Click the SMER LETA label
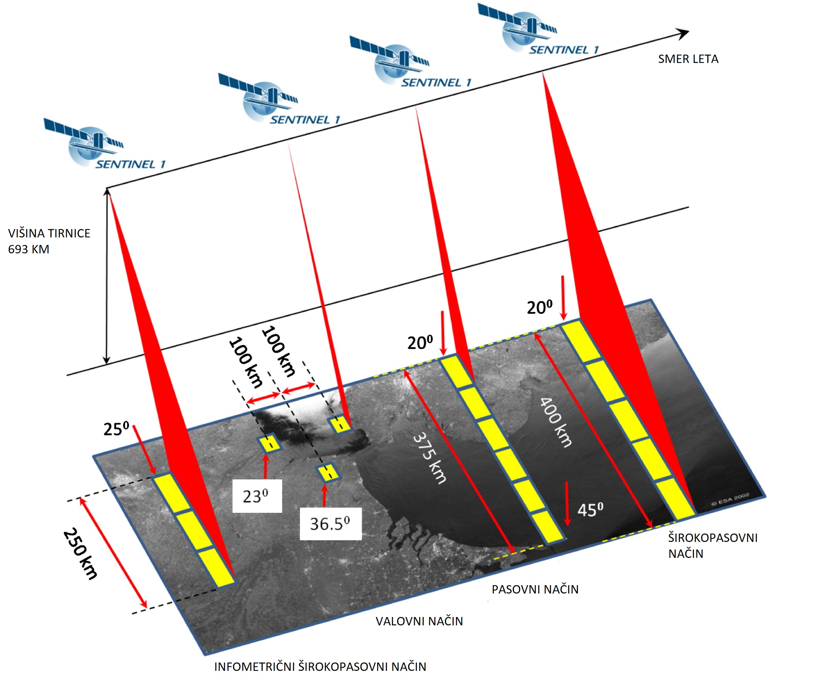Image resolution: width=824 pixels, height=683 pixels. [688, 59]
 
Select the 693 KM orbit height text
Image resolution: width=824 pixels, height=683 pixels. [29, 249]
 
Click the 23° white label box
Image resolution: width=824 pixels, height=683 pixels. [257, 496]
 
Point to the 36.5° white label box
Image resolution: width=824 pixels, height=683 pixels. [331, 524]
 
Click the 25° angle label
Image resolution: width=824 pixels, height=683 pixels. [116, 429]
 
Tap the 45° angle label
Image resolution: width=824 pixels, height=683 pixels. [590, 510]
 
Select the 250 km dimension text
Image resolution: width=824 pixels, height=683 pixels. [80, 554]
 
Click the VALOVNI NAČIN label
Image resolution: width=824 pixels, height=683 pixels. [419, 621]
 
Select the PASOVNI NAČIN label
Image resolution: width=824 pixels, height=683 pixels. [535, 589]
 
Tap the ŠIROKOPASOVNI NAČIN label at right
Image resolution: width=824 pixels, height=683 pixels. [712, 546]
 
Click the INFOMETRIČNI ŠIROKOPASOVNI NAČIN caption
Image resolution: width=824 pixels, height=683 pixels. [320, 667]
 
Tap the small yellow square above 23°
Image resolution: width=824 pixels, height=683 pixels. [269, 444]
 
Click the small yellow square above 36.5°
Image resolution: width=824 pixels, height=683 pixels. [328, 473]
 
